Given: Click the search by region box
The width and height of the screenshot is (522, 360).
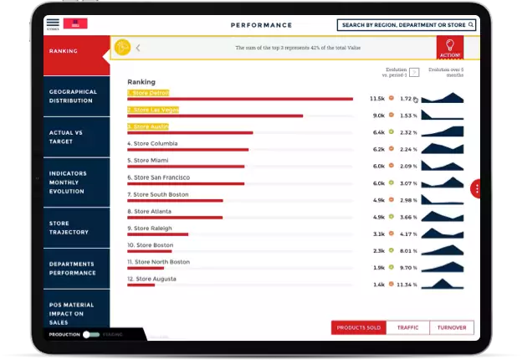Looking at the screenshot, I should pos(407,25).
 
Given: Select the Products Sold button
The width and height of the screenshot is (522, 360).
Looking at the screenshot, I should pos(358,328).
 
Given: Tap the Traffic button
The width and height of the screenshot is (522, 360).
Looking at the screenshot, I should pos(407,328).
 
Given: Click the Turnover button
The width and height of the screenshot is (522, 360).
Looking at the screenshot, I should pos(452,328).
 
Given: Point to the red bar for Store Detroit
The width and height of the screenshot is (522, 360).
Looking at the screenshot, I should pos(240,99).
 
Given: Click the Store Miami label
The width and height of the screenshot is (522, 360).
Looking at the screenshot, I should pos(148,160).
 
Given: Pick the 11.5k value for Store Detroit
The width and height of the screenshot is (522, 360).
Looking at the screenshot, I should pos(376,99).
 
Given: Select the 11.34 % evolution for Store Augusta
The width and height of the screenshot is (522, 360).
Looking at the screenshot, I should pos(407,285).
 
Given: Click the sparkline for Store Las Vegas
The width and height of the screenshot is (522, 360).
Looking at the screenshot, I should pos(442,115).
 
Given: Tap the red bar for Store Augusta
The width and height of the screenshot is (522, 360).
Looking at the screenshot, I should pos(141,285).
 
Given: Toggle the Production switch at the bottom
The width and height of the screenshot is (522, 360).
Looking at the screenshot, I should pos(90,334).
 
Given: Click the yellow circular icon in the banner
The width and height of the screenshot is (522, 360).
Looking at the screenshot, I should pos(123,48).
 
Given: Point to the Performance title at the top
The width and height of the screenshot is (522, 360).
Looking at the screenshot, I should pos(261,25).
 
